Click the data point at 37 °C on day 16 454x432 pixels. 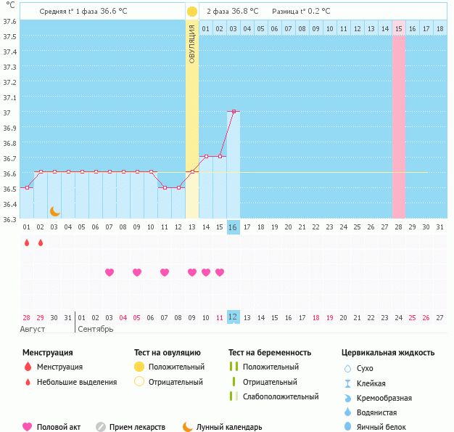(233, 111)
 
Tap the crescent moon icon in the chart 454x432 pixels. (54, 211)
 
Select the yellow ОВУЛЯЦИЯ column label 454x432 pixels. (191, 44)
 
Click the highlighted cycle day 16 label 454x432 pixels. (233, 227)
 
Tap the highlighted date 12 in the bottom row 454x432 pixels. (233, 317)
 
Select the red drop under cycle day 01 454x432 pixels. (27, 242)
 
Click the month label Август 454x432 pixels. (33, 330)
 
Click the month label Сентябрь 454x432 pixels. (95, 330)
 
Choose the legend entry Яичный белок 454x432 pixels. (382, 428)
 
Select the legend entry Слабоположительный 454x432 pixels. (281, 396)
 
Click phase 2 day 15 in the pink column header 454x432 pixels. (398, 29)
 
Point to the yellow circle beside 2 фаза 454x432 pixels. (191, 12)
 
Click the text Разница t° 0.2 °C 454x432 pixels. (301, 12)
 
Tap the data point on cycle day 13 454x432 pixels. (191, 171)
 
